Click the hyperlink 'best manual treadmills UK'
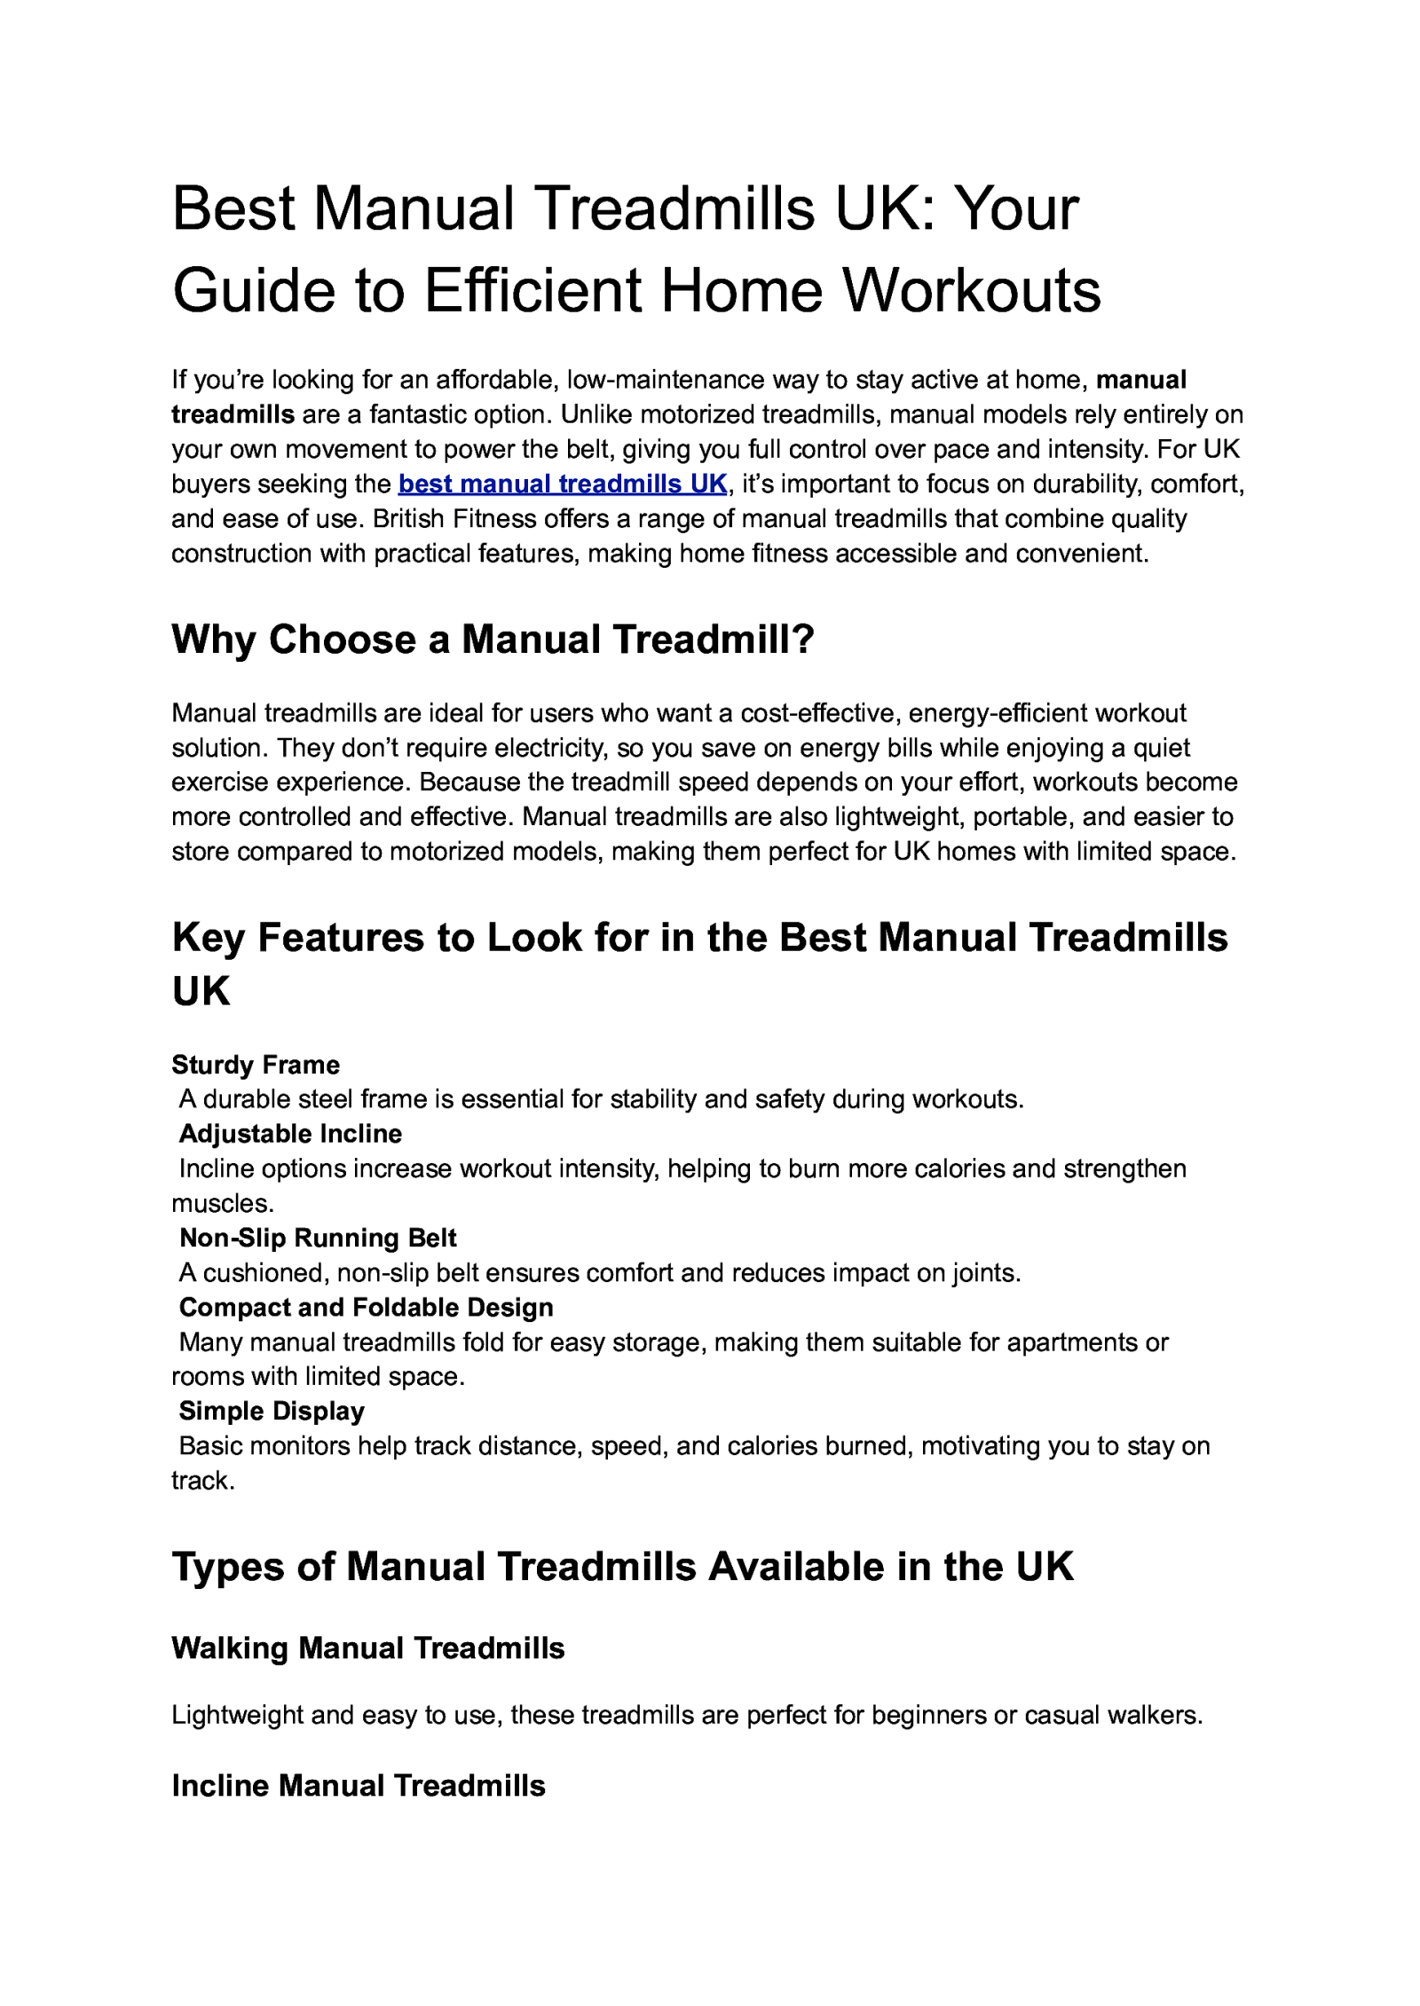[563, 484]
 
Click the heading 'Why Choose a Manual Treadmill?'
[493, 640]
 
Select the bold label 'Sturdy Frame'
[256, 1065]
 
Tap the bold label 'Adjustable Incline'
[290, 1134]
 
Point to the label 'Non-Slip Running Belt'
[318, 1238]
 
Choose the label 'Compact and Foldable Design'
[366, 1307]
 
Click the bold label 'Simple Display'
[272, 1411]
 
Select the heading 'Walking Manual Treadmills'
[367, 1648]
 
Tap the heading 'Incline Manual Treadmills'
[358, 1785]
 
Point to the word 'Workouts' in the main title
[971, 290]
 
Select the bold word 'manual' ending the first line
[1141, 380]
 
